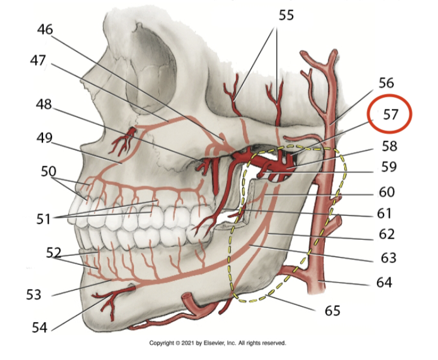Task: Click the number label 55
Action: click(x=286, y=15)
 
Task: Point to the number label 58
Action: click(x=389, y=146)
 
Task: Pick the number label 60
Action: click(x=389, y=193)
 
